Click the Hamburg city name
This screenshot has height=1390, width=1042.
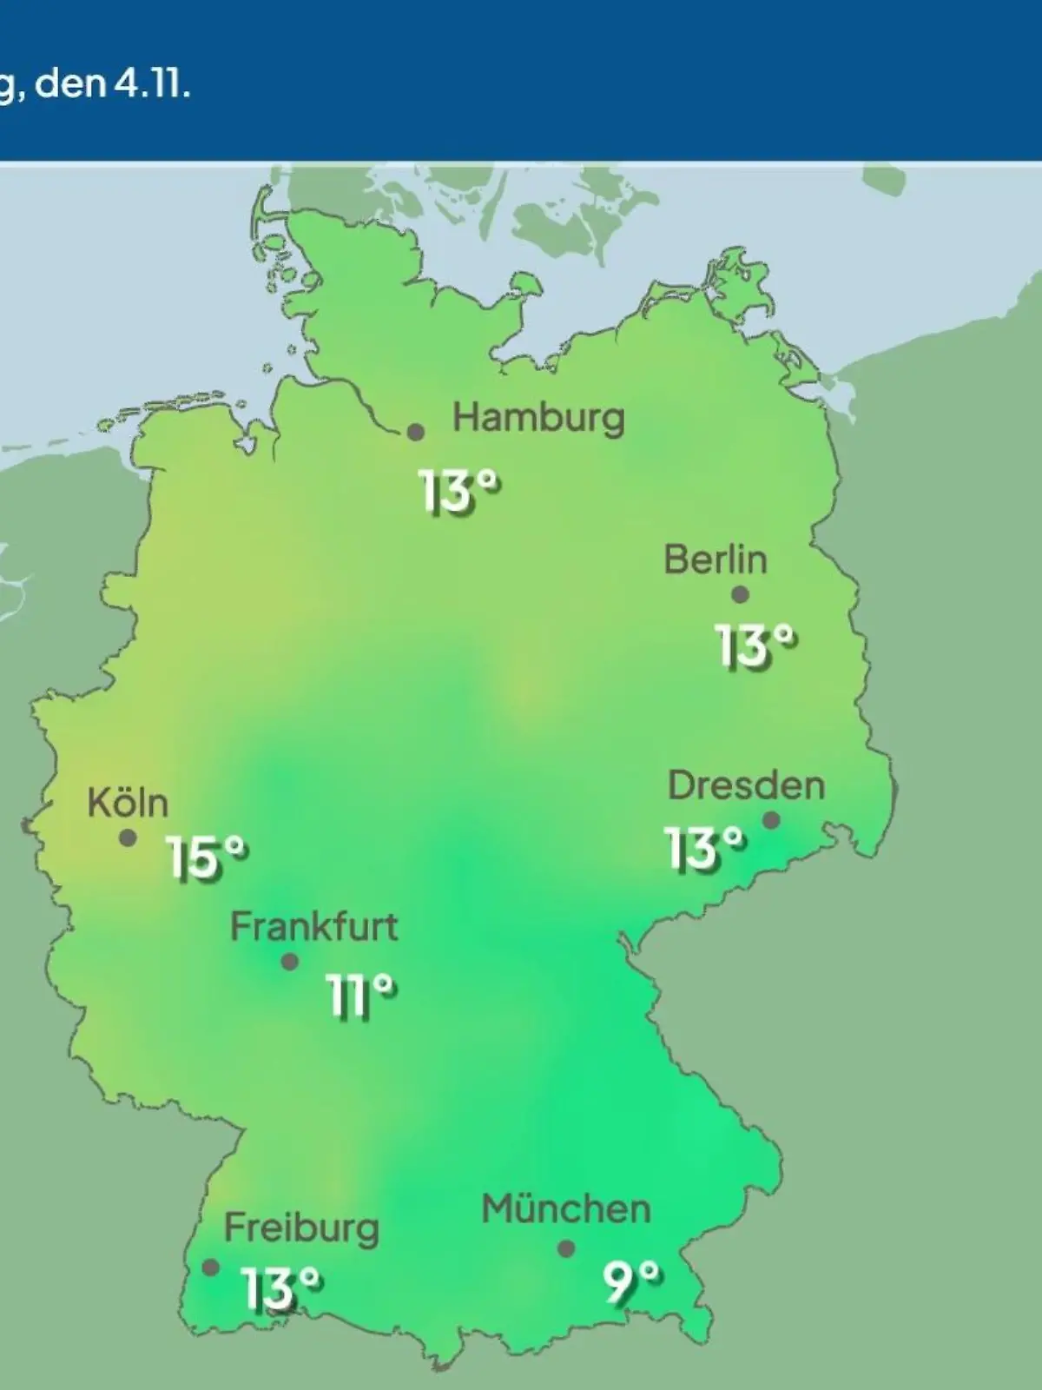538,419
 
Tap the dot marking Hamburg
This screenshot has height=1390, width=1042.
416,432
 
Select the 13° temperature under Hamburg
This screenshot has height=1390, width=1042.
460,493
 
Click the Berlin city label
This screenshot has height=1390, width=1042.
716,559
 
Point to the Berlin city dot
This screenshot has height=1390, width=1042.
740,595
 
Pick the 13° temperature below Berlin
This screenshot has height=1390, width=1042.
755,647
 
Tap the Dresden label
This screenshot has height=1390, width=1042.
746,786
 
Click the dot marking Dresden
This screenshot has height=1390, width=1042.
770,820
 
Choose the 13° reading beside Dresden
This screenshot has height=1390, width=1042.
705,849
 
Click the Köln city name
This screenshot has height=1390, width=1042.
128,803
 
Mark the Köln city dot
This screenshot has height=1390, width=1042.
128,838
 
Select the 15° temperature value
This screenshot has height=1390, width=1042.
207,859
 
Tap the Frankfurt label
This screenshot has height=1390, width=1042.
313,928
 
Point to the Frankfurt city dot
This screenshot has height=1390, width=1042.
290,962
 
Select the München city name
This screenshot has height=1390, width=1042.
565,1209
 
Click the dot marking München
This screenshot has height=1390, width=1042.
566,1248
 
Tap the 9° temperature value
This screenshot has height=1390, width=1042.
631,1283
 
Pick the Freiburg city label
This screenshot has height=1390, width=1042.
301,1228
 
